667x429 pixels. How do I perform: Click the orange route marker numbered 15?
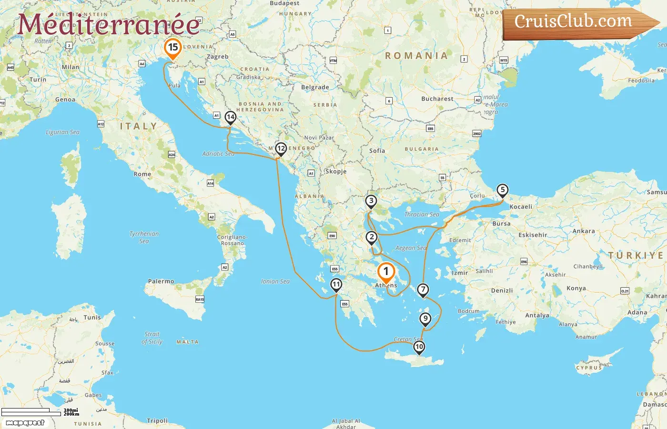click(173, 48)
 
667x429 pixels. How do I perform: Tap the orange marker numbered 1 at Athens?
click(386, 272)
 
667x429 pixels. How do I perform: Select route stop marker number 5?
click(502, 190)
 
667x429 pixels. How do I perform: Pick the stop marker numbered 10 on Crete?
click(419, 347)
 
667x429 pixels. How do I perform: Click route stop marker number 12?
click(281, 149)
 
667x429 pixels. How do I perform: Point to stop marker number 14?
click(231, 117)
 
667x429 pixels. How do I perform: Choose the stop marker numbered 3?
click(371, 201)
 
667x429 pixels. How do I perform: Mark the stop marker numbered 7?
click(423, 289)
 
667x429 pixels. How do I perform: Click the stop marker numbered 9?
click(425, 318)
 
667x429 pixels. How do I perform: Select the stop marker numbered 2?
click(371, 237)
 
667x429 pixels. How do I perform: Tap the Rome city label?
click(142, 174)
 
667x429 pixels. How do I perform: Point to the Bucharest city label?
click(437, 99)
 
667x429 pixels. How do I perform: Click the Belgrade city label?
click(315, 87)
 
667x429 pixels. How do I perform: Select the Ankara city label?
click(583, 231)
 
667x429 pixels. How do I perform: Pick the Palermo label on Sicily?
click(161, 281)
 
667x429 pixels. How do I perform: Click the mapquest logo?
click(25, 422)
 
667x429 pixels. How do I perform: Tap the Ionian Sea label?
click(275, 281)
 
